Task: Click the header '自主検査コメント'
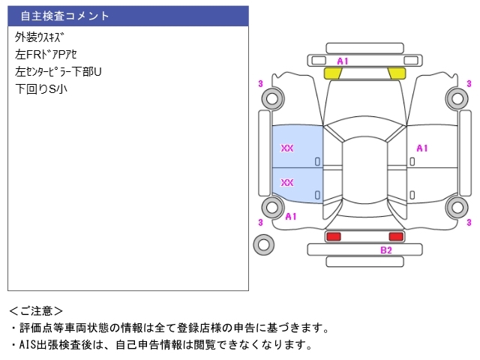point(64,15)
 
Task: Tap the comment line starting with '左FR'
point(46,54)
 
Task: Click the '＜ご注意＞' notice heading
point(36,310)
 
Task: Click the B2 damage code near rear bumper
point(385,250)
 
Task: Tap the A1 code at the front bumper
point(343,61)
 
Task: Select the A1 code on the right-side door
point(421,148)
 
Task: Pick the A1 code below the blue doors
point(291,216)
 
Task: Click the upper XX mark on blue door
point(286,148)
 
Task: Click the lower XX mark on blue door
point(286,182)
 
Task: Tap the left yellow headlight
point(332,73)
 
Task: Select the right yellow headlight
point(396,73)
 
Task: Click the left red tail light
point(333,236)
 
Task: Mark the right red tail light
point(395,236)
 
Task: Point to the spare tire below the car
point(263,244)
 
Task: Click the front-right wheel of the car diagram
point(456,97)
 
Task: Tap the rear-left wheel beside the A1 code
point(271,208)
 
